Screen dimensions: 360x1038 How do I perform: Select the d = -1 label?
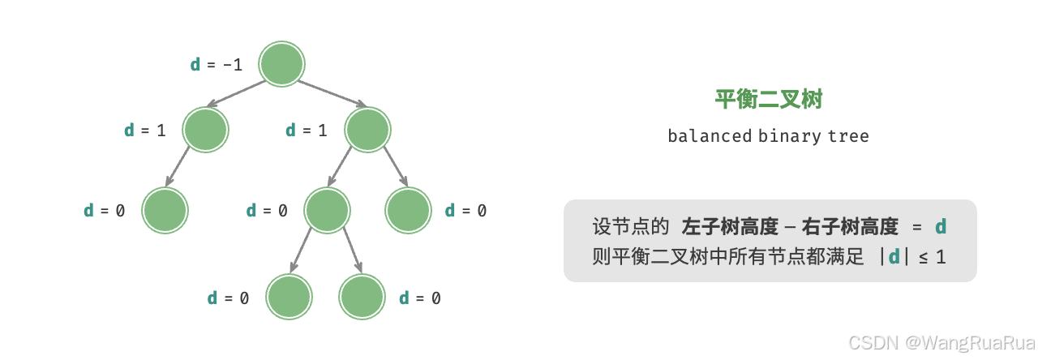[x=216, y=65]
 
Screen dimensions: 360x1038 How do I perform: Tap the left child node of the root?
[x=205, y=130]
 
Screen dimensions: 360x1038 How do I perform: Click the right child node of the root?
[x=367, y=130]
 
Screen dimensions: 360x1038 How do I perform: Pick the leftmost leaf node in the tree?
[x=165, y=211]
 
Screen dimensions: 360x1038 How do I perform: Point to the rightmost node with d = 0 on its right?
[x=408, y=211]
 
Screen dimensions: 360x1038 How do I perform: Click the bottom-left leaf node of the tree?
[x=290, y=298]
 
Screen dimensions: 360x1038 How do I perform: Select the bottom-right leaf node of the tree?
[x=362, y=298]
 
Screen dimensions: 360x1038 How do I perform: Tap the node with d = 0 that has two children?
[x=327, y=211]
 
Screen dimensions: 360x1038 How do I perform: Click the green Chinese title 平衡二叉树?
[x=769, y=100]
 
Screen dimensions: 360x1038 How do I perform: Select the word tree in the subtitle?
[x=848, y=135]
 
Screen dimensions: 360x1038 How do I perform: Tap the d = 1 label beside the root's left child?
[x=144, y=130]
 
